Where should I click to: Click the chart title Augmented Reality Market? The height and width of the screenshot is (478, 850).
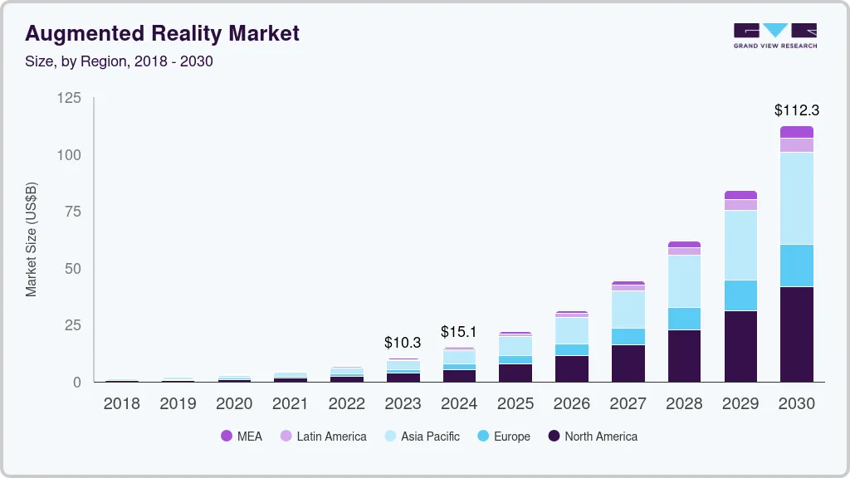tap(162, 34)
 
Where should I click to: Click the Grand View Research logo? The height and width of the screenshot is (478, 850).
tap(774, 36)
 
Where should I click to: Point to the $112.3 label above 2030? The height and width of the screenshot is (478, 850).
tap(796, 110)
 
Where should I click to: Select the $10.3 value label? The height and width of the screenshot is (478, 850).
tap(403, 342)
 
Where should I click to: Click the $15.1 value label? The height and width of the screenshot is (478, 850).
tap(459, 331)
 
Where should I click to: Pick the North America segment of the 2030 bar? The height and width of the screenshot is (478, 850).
tap(796, 334)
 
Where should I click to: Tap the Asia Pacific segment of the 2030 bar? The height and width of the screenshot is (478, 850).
tap(796, 198)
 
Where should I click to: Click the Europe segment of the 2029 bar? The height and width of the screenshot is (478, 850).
tap(740, 295)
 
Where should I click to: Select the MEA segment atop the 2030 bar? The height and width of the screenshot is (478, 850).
tap(796, 132)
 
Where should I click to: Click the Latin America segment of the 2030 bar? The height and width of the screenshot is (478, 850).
tap(796, 145)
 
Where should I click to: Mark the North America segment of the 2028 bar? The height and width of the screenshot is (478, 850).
tap(684, 355)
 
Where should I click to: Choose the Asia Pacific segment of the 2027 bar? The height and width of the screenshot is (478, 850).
tap(628, 309)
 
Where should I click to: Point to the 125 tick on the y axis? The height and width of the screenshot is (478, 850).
tap(69, 98)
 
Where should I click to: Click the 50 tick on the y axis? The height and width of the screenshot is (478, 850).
tap(73, 269)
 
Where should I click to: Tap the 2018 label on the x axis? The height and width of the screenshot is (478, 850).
tap(121, 404)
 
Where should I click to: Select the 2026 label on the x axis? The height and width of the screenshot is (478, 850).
tap(571, 404)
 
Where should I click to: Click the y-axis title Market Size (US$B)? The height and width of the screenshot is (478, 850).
tap(32, 239)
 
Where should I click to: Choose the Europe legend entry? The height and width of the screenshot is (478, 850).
tap(503, 437)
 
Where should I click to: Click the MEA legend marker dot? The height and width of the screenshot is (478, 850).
tap(227, 437)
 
